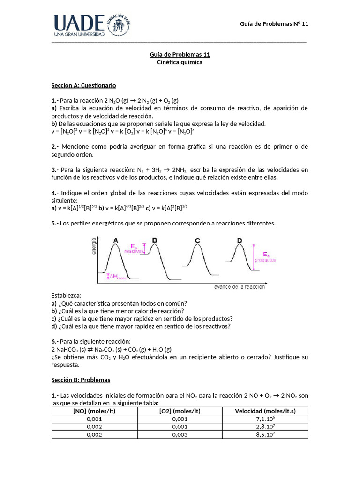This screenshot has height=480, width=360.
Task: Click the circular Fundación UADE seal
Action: [121, 23]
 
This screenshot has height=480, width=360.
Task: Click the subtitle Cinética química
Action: [180, 62]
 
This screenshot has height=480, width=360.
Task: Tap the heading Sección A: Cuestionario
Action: [83, 86]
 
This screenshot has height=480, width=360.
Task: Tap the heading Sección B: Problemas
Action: [81, 379]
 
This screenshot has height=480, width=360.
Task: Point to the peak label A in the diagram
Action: [115, 240]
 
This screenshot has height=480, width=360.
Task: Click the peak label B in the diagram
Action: [154, 240]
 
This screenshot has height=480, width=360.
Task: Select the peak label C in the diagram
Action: [197, 240]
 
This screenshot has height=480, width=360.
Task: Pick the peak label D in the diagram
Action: [240, 240]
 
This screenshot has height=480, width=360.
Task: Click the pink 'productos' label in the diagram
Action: [265, 260]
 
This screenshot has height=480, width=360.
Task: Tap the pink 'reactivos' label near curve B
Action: [133, 251]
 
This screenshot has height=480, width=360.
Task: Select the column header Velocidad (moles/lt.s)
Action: [265, 411]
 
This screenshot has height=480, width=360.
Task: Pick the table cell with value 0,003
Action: [180, 435]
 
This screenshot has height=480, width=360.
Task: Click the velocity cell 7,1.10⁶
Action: [265, 419]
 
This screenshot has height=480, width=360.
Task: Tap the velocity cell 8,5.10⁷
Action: [265, 435]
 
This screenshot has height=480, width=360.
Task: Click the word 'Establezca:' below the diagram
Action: [66, 295]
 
